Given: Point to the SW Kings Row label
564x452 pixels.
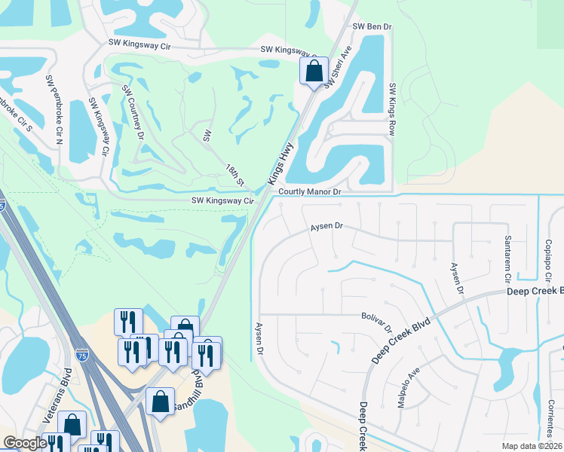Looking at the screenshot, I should [391, 108].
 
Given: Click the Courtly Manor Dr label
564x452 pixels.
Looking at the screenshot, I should [310, 192].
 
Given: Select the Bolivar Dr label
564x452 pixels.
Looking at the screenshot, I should [377, 323].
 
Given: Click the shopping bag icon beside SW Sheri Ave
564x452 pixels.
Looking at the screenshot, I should [314, 72].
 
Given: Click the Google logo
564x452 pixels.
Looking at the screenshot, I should [25, 443].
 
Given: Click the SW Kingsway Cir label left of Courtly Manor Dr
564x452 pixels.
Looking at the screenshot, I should [222, 201].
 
